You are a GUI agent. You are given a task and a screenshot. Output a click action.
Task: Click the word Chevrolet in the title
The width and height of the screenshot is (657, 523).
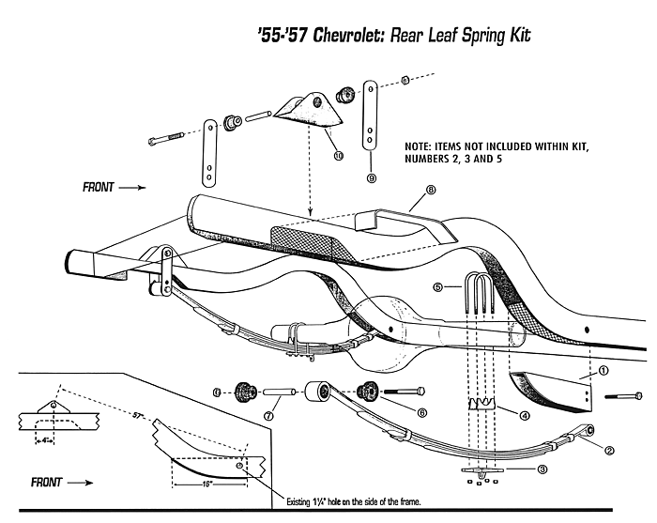(349, 36)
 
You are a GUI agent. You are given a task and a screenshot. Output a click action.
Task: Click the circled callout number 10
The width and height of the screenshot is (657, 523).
(339, 156)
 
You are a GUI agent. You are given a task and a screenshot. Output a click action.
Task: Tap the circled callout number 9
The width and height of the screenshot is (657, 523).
(372, 178)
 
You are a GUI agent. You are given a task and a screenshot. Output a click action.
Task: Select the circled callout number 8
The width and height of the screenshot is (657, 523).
(430, 190)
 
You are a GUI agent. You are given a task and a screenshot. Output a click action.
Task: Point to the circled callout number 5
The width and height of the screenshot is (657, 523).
(438, 287)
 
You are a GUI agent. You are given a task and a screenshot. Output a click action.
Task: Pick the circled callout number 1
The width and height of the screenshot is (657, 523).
(604, 371)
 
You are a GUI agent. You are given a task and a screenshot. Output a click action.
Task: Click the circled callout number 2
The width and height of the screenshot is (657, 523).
(609, 450)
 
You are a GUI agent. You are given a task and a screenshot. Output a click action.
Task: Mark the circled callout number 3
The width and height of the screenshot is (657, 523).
(542, 469)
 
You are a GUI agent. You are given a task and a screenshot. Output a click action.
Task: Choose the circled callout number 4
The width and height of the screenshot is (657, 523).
(524, 416)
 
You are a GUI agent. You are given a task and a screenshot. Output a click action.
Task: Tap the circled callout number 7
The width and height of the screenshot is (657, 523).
(268, 416)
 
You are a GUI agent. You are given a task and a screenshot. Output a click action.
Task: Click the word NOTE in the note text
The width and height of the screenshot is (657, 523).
(417, 146)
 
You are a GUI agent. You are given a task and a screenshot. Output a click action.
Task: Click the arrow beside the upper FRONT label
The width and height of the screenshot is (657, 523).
(132, 188)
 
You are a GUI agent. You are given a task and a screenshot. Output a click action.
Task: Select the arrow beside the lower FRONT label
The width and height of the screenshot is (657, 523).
(80, 483)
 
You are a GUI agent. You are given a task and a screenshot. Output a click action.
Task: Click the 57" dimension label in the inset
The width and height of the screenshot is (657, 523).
(137, 416)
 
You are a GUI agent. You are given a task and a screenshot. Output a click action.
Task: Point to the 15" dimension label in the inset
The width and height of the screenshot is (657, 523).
(206, 484)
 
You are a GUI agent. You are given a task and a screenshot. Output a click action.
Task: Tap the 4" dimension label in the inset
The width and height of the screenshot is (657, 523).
(45, 440)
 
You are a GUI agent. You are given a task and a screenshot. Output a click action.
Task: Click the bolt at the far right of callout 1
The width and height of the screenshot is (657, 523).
(623, 396)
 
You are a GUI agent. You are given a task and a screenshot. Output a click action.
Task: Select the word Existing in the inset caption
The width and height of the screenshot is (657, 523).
(298, 501)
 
